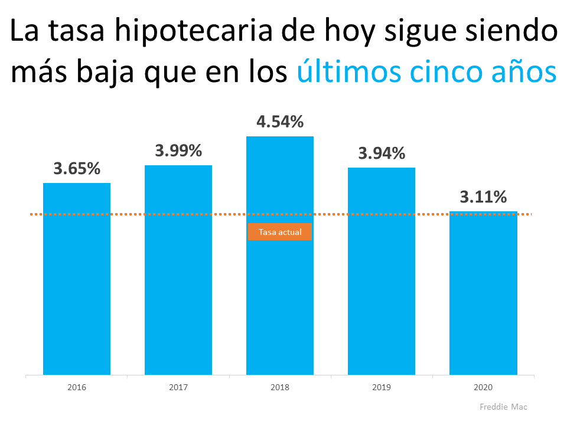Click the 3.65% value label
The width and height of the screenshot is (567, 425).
pyautogui.click(x=77, y=168)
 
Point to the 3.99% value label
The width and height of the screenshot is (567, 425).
pyautogui.click(x=178, y=151)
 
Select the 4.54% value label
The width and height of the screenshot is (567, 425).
pyautogui.click(x=280, y=122)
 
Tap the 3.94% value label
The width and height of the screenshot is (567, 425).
pyautogui.click(x=382, y=153)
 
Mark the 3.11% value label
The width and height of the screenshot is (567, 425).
pyautogui.click(x=483, y=197)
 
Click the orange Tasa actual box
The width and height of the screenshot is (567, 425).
pyautogui.click(x=280, y=232)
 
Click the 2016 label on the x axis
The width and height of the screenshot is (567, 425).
pyautogui.click(x=77, y=388)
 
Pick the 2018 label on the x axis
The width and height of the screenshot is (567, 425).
pyautogui.click(x=280, y=388)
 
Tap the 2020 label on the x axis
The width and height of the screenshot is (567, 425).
pyautogui.click(x=483, y=388)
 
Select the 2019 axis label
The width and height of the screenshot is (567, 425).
pyautogui.click(x=382, y=388)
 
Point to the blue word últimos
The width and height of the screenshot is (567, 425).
pyautogui.click(x=342, y=74)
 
